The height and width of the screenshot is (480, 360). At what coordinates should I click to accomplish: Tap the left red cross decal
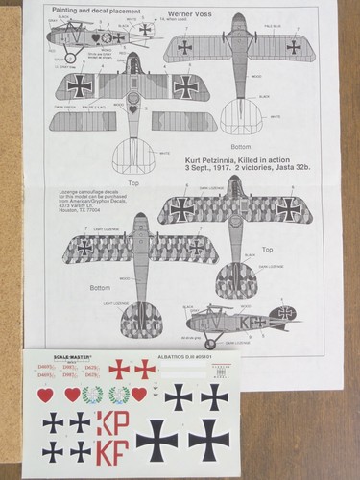tap(119, 368)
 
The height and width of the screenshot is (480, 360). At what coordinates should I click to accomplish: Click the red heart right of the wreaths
tap(140, 394)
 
